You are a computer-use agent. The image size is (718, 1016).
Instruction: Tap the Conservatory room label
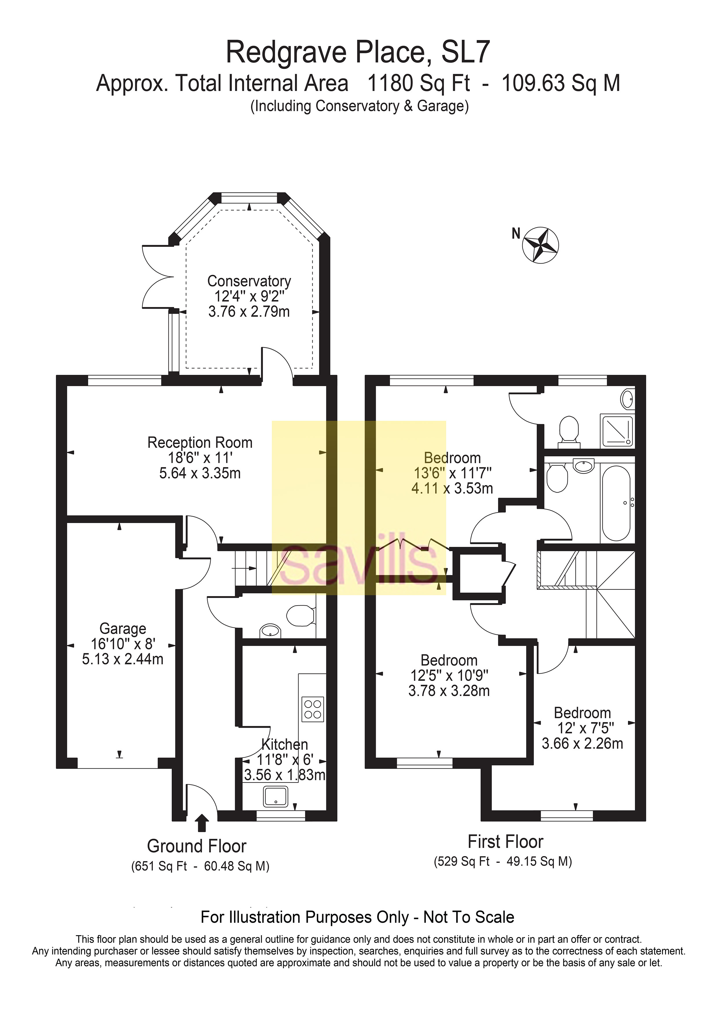click(249, 282)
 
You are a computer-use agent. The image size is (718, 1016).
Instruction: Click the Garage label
click(122, 628)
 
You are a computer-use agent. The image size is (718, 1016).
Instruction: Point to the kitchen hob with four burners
click(312, 709)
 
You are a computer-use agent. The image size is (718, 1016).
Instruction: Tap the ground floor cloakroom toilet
click(301, 615)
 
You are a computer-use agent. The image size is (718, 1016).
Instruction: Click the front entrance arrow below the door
click(202, 823)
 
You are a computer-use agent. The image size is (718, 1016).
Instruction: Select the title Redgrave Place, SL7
click(358, 52)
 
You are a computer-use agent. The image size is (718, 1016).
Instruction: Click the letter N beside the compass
click(516, 233)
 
